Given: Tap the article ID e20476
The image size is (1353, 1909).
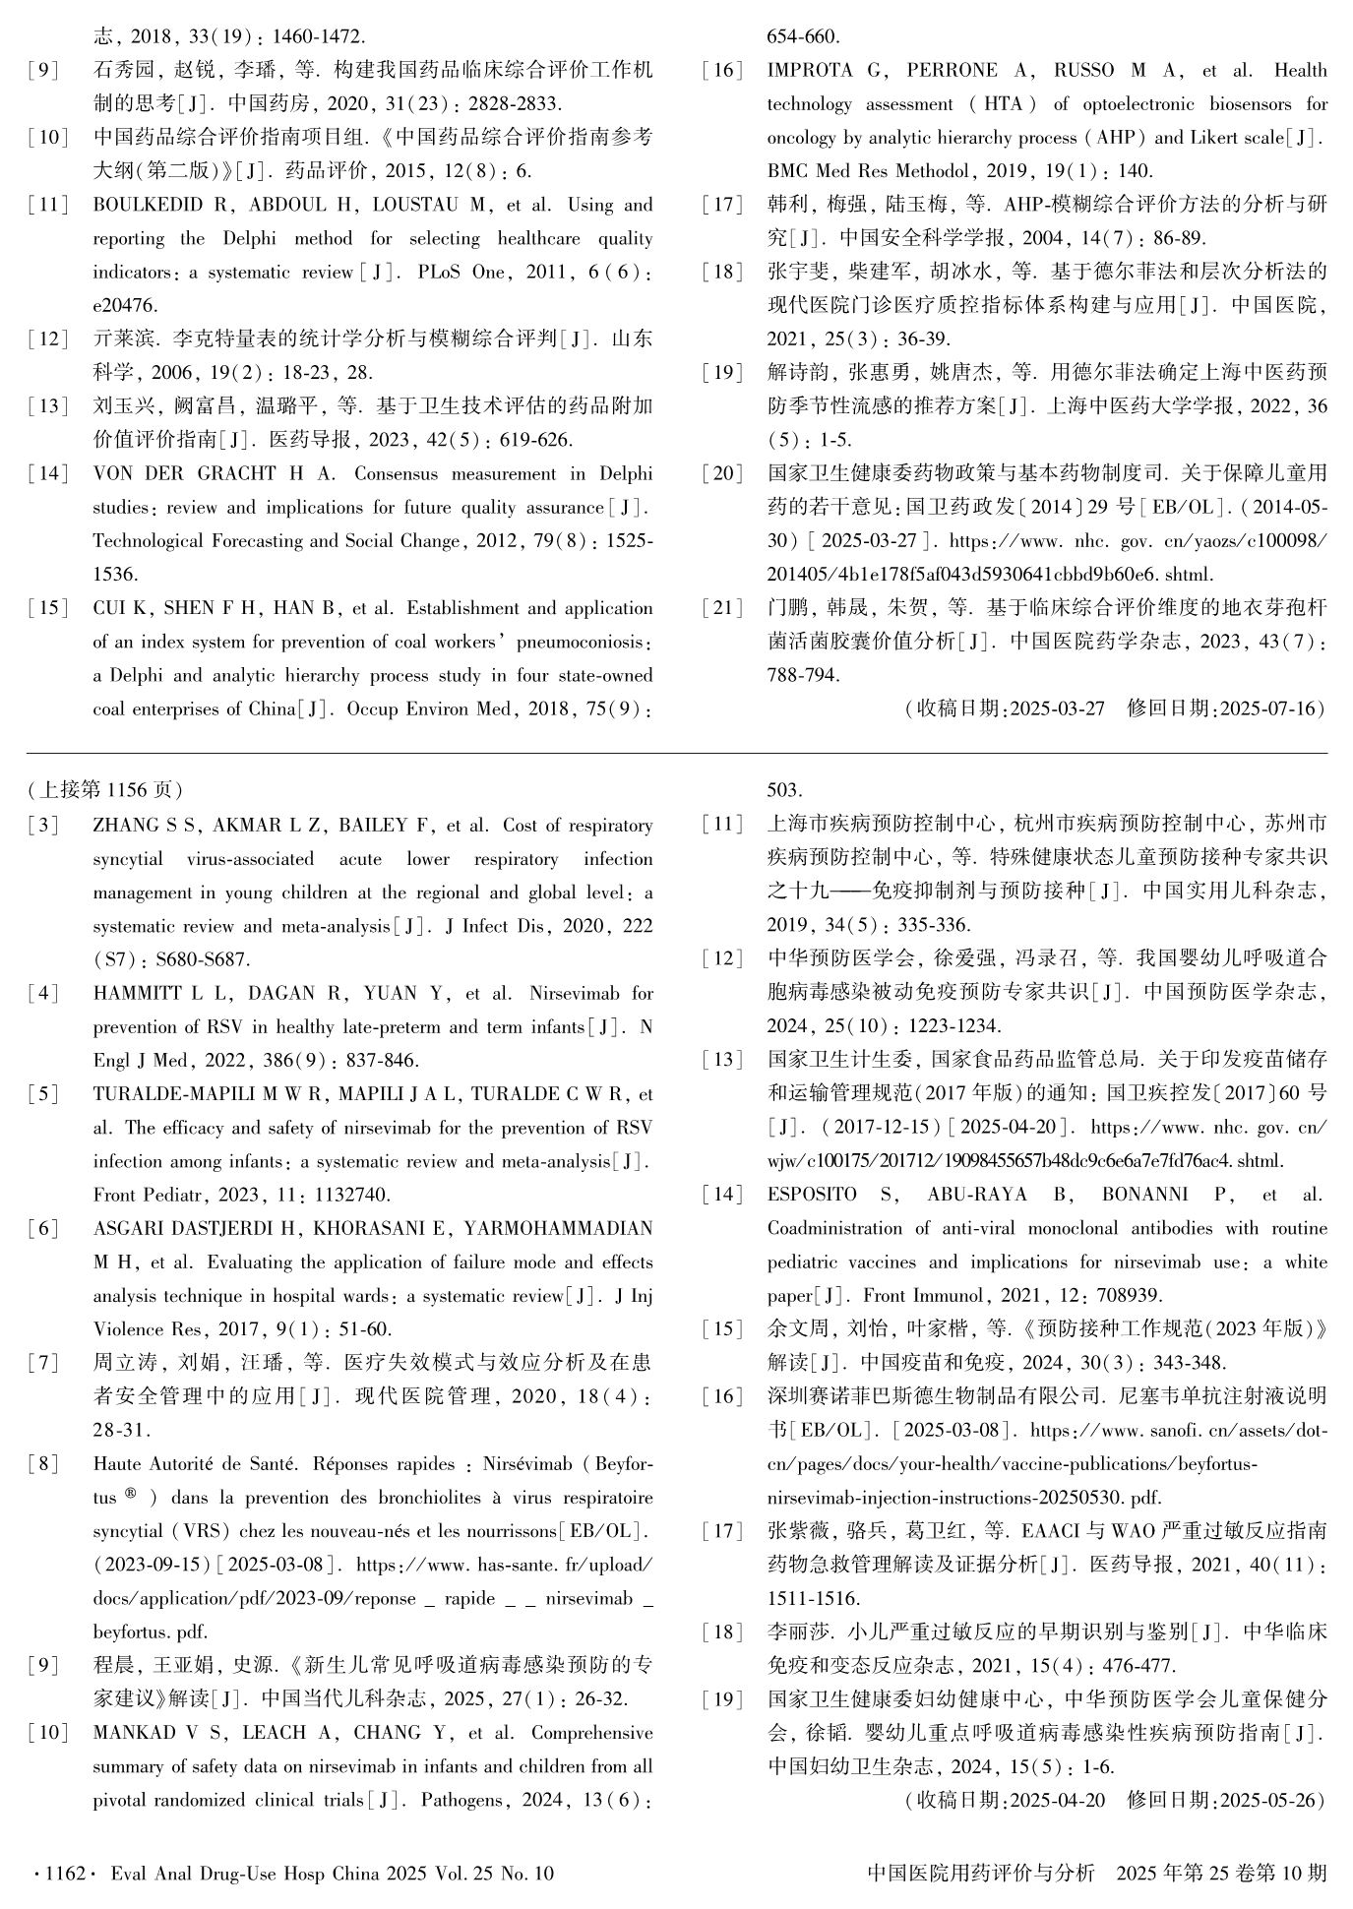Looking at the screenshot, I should pos(125,306).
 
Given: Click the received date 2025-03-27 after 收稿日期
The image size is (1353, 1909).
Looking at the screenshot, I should pos(1057,708).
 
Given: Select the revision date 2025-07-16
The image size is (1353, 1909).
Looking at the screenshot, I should pos(1266,708).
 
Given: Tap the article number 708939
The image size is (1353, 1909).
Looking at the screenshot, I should pos(1128,1296).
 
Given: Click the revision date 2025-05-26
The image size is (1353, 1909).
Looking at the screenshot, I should pos(1266,1801).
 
